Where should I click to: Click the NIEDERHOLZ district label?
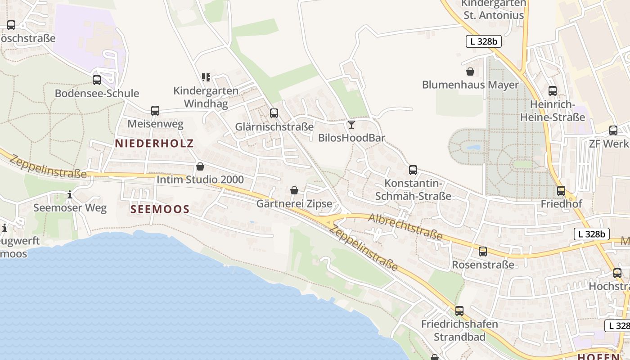click(154, 144)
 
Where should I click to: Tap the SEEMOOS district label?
click(160, 209)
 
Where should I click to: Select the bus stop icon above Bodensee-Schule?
click(97, 80)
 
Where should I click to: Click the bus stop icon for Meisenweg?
click(155, 110)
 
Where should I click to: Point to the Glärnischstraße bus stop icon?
click(274, 113)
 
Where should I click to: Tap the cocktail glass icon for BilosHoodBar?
click(351, 124)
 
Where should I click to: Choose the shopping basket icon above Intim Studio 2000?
click(200, 166)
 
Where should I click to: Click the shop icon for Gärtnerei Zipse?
click(294, 190)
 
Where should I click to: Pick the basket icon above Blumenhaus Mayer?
click(470, 71)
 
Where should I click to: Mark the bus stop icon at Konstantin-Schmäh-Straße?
click(413, 170)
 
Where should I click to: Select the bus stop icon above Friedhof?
click(561, 190)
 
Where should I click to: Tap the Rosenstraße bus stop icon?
click(483, 251)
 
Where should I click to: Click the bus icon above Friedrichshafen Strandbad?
click(459, 310)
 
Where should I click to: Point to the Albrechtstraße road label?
click(405, 226)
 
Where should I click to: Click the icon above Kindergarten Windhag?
click(206, 77)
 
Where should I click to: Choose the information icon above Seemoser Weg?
click(70, 194)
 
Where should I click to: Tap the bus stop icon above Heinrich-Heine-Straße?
click(553, 90)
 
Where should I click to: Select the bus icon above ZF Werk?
click(613, 130)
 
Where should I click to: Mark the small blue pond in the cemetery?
click(473, 147)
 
